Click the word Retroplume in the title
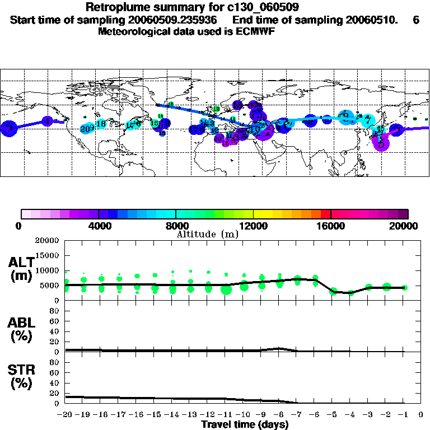click(115, 7)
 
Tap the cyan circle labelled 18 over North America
click(101, 124)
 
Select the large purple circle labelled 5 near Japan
click(381, 143)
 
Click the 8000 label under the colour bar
click(176, 226)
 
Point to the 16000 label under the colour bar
click(331, 226)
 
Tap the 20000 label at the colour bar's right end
click(409, 226)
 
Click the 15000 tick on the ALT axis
click(47, 255)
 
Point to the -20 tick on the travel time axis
click(66, 415)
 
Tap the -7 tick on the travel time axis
click(297, 415)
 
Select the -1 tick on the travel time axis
click(404, 415)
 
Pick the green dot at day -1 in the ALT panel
click(405, 287)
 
